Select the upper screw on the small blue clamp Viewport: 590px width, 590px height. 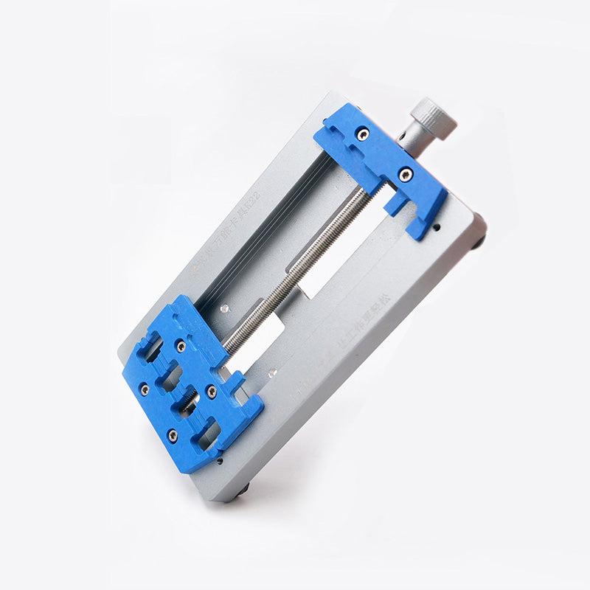(362, 134)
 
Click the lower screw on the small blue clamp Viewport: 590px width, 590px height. (405, 174)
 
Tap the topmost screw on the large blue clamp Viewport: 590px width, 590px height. (180, 345)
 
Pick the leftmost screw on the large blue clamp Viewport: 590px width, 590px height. (145, 389)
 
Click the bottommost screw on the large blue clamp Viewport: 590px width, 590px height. (172, 435)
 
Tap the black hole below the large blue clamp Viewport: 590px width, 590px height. (221, 461)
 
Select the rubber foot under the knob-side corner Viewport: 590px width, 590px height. (480, 240)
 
